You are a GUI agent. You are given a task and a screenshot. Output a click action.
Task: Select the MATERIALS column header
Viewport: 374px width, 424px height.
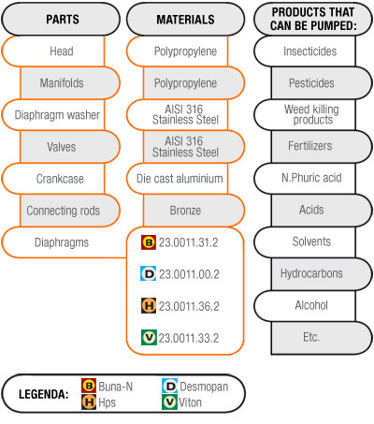point(185,20)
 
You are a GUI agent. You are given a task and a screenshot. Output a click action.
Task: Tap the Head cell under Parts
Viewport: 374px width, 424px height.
point(53,51)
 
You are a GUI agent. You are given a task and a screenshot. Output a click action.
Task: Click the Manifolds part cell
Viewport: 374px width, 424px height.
point(70,83)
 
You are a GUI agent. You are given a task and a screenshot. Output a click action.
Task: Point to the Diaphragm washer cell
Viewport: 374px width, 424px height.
point(53,115)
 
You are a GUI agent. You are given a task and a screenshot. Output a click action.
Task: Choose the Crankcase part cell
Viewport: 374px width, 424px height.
point(53,179)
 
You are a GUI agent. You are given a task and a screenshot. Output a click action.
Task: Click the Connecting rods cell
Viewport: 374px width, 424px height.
point(70,211)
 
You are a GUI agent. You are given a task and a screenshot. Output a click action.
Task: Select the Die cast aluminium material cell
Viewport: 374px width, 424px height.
point(178,179)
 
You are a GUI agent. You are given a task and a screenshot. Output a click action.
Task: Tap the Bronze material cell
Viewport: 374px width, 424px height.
point(194,211)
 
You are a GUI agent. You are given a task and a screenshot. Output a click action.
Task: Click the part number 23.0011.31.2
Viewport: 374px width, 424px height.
point(189,242)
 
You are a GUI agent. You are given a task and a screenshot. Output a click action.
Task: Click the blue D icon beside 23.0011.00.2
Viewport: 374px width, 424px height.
point(148,273)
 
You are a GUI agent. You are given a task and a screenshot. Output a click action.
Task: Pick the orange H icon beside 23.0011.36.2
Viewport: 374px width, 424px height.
point(149,306)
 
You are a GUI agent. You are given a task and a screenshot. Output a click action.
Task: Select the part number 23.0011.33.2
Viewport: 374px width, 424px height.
point(189,338)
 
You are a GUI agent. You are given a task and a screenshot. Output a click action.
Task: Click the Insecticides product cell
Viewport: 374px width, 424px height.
point(305,51)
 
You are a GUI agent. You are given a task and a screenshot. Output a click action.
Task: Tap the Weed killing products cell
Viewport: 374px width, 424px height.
point(305,115)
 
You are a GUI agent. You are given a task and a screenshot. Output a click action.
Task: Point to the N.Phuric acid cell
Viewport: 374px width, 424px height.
point(305,179)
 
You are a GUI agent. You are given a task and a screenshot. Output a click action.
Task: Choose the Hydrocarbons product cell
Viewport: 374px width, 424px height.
point(322,274)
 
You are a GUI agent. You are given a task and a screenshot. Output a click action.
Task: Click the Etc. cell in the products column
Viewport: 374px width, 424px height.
point(322,338)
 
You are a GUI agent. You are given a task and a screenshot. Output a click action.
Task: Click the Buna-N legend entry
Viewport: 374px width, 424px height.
point(108,387)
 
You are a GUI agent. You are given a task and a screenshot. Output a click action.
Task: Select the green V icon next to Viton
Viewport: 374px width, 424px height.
point(169,402)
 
